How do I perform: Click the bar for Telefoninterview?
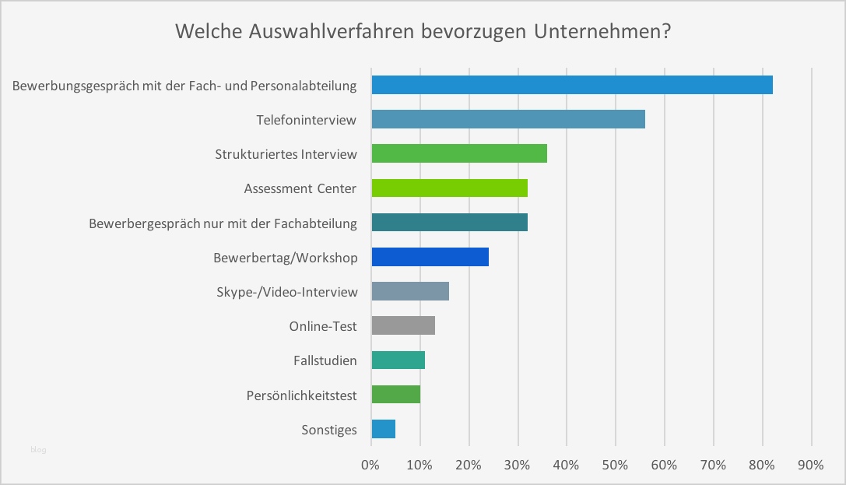coord(508,119)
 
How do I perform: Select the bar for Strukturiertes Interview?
coord(459,153)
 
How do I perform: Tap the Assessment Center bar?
coord(449,188)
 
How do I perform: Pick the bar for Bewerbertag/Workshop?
coord(430,257)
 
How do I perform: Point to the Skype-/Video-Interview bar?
coord(410,291)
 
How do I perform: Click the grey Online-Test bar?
coord(403,325)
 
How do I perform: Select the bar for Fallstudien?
coord(398,360)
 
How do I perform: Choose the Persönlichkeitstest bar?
coord(395,394)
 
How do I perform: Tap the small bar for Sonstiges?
coord(384,429)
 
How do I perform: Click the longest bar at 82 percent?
coord(572,85)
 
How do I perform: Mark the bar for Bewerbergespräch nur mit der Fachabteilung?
coord(449,223)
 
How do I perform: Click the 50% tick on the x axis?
coord(615,465)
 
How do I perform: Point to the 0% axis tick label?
coord(370,465)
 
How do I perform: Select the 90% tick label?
coord(810,465)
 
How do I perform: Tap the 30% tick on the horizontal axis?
coord(518,465)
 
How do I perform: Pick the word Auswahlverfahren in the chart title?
coord(332,33)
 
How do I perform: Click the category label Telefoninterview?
coord(307,120)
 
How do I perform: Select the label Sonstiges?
coord(328,430)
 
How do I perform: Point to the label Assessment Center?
coord(300,188)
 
